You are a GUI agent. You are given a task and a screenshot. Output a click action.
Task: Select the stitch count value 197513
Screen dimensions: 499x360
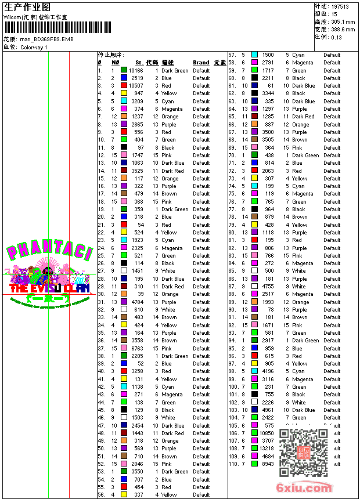click(x=340, y=6)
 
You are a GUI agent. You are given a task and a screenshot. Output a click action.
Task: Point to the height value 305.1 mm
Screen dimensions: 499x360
click(x=343, y=21)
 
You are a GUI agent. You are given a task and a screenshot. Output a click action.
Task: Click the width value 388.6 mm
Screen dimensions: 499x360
click(x=343, y=29)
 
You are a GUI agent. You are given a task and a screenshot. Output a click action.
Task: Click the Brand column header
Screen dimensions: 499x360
click(x=201, y=63)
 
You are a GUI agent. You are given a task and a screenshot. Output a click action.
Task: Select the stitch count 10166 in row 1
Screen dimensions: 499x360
click(x=136, y=71)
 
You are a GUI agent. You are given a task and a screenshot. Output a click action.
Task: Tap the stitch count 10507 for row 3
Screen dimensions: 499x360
click(x=136, y=86)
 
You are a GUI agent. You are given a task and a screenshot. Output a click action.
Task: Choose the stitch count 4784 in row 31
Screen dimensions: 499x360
click(x=137, y=302)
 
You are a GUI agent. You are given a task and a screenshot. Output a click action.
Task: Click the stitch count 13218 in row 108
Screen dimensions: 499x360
click(x=267, y=449)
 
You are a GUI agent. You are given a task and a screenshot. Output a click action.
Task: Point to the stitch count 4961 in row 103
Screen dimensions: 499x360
click(x=268, y=410)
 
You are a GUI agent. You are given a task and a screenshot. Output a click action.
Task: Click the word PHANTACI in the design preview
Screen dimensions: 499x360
click(x=49, y=253)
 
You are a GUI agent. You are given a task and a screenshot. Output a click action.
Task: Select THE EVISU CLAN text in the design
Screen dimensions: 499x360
click(x=50, y=288)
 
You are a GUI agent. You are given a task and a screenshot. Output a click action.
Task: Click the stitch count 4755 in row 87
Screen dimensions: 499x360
click(x=268, y=286)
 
